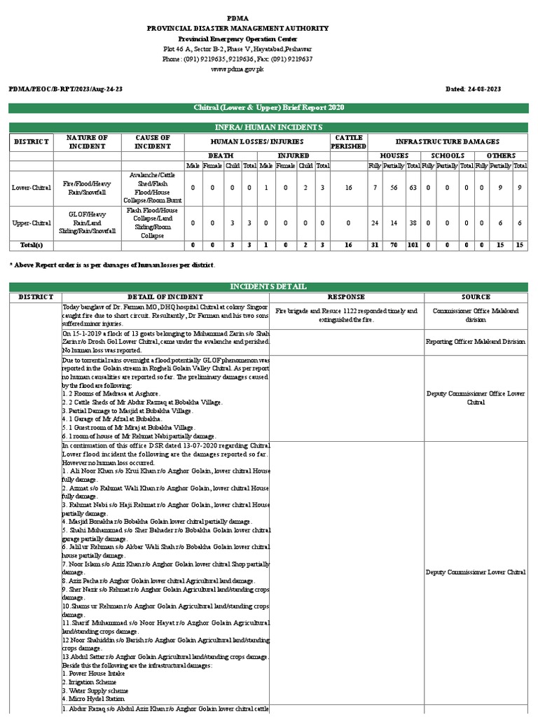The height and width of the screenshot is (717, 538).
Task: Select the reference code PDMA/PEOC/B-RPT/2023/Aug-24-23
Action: tap(65, 90)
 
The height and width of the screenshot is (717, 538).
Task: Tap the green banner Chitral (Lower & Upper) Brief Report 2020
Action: tap(268, 107)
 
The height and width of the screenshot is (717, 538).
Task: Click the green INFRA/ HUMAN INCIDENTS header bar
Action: tap(268, 127)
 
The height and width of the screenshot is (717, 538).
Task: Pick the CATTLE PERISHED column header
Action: tap(349, 142)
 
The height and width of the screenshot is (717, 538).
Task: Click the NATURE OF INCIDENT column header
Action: tap(88, 142)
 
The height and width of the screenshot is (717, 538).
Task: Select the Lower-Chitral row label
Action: tap(31, 188)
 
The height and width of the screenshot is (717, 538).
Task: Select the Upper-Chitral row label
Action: tap(31, 223)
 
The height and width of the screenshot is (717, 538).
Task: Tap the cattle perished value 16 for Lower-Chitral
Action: tap(349, 188)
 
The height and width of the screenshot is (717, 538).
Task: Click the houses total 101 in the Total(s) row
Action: tap(413, 245)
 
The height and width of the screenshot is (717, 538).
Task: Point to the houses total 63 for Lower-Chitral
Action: tap(413, 188)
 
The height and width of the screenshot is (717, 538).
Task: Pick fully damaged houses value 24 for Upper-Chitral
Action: tap(375, 223)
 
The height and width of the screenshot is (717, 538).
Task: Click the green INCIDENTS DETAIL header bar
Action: tap(268, 287)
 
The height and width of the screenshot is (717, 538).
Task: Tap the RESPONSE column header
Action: tap(346, 297)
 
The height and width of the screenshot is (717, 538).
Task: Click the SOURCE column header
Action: tap(476, 297)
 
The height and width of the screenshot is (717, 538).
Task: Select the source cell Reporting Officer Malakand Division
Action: tap(476, 342)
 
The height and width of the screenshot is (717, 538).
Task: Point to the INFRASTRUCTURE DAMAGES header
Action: tap(448, 142)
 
